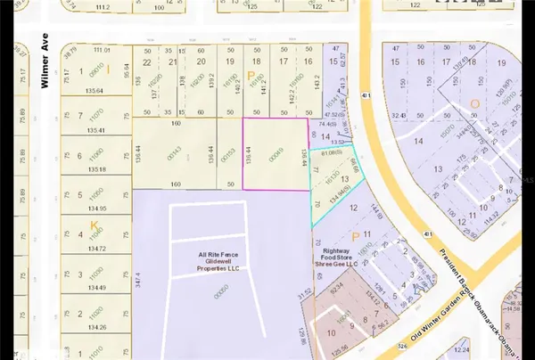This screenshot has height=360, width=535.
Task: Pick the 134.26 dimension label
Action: [93, 327]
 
